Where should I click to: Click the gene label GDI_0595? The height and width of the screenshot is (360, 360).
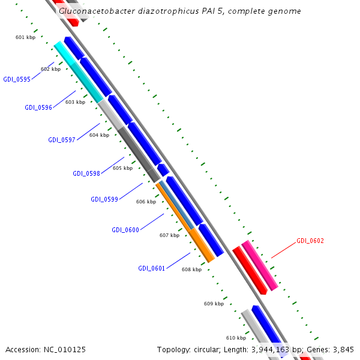[17, 79]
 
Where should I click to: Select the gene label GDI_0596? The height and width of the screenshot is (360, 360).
[38, 107]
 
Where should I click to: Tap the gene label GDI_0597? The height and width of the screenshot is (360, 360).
[62, 140]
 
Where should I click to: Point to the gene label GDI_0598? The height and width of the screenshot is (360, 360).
[86, 173]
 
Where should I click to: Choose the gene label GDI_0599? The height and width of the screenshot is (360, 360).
[104, 199]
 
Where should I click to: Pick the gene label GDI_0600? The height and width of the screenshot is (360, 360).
[125, 230]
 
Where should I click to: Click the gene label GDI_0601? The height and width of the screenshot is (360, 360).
[151, 268]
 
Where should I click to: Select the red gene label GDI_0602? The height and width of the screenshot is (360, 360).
[310, 241]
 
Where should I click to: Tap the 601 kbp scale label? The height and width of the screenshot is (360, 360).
[25, 37]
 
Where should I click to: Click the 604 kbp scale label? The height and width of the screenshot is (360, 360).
[99, 135]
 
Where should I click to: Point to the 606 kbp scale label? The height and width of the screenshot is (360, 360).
[146, 202]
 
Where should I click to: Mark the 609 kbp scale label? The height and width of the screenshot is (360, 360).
[214, 304]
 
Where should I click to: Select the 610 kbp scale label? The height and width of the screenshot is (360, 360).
[236, 338]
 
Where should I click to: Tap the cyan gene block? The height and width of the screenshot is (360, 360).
[78, 72]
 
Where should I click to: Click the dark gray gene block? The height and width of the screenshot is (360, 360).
[139, 154]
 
